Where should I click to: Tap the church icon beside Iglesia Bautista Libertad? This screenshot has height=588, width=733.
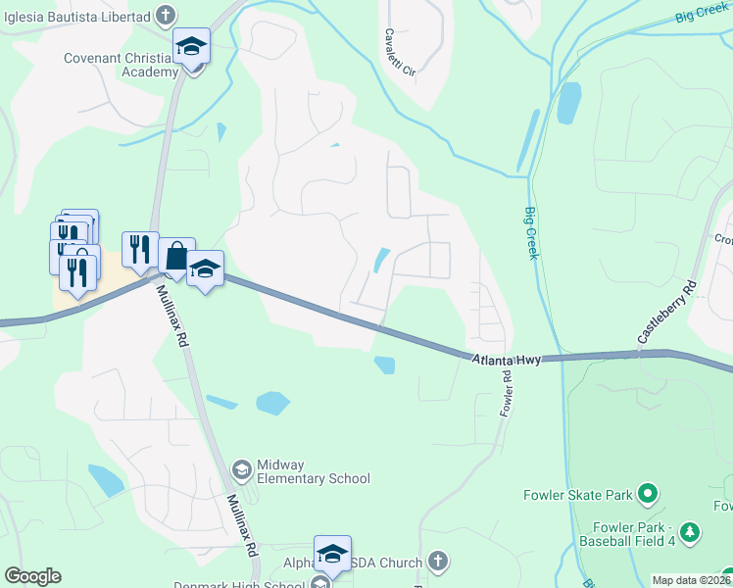click(x=167, y=16)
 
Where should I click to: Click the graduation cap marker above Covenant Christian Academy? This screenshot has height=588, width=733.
click(x=192, y=46)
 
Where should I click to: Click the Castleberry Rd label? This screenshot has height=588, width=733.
click(x=666, y=312)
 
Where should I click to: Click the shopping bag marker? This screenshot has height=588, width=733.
click(x=175, y=258)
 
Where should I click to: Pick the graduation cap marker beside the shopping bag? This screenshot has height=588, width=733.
click(x=205, y=269)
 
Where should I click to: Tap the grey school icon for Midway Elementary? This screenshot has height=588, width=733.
click(x=241, y=471)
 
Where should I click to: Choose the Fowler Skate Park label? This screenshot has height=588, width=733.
click(x=577, y=495)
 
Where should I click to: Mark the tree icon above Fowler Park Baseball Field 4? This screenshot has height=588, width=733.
click(x=691, y=531)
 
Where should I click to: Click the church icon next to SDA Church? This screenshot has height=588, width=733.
click(x=438, y=563)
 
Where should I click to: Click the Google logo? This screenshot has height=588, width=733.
click(x=32, y=576)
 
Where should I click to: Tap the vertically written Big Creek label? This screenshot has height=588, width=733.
click(x=531, y=233)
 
